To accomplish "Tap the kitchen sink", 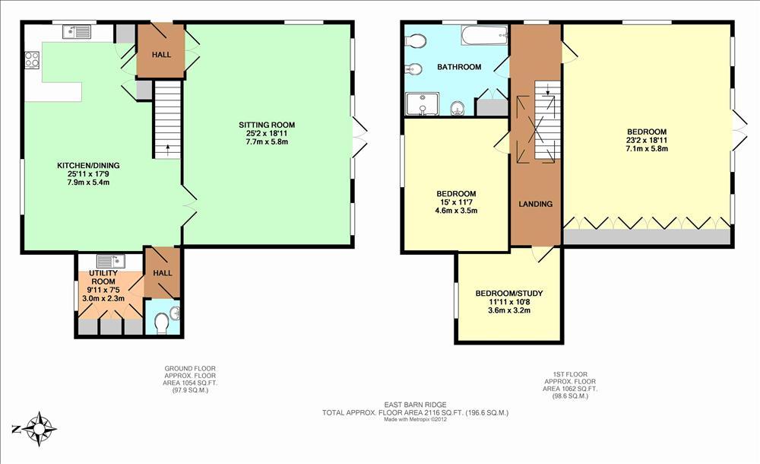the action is (77, 32).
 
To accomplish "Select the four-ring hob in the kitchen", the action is (32, 59).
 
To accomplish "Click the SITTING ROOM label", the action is (267, 125).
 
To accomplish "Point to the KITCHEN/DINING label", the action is (88, 166).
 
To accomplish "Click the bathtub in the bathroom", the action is (484, 36).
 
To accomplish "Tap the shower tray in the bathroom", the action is (422, 104).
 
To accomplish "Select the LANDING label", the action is (536, 205).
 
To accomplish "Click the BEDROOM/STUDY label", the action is (509, 293).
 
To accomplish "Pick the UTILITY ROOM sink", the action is (111, 261).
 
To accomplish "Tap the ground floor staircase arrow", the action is (168, 150).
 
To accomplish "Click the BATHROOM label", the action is (459, 67).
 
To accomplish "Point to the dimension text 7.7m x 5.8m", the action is (267, 141).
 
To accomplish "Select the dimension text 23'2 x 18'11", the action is (647, 140).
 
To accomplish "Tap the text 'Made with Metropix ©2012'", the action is (416, 419).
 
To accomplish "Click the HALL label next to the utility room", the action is (163, 273).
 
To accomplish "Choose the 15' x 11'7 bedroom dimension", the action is (456, 202).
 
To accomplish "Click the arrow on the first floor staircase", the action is (548, 89).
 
